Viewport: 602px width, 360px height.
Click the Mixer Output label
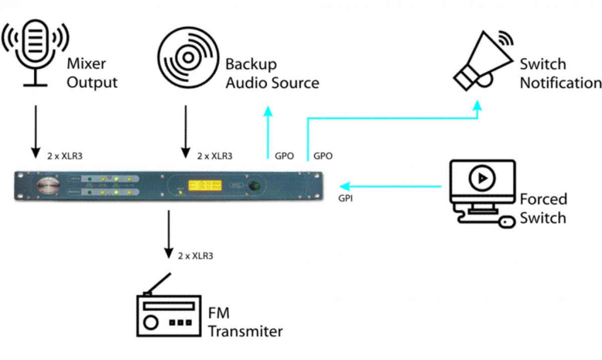click(92, 73)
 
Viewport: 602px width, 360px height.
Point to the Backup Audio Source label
click(272, 73)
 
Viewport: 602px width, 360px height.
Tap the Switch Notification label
click(560, 73)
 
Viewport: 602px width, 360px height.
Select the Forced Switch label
click(543, 209)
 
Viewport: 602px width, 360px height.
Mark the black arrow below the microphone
click(35, 131)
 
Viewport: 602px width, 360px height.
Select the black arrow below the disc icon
click(186, 131)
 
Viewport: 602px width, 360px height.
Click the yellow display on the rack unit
click(203, 185)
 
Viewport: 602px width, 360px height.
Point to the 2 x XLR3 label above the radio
click(196, 256)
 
